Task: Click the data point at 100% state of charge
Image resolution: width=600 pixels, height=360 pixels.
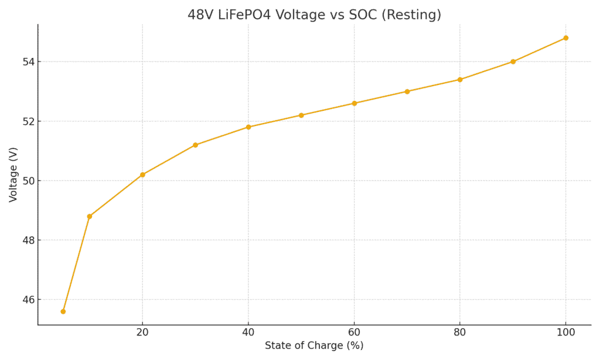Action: (565, 38)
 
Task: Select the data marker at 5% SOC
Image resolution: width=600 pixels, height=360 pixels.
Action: (63, 311)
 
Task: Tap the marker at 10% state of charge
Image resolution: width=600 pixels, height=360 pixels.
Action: (90, 216)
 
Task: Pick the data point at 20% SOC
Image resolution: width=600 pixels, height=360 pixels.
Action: (142, 175)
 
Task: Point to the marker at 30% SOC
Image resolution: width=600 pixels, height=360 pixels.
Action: (195, 145)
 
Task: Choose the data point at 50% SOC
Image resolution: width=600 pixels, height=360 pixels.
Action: (301, 116)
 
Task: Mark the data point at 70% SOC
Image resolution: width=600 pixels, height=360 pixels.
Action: (407, 91)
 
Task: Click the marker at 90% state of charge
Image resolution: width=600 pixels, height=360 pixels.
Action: (513, 62)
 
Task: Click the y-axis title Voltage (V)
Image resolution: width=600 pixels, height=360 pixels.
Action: (13, 175)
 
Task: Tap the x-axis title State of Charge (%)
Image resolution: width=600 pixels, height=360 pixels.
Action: (314, 346)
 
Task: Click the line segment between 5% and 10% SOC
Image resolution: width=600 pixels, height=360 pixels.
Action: (77, 264)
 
